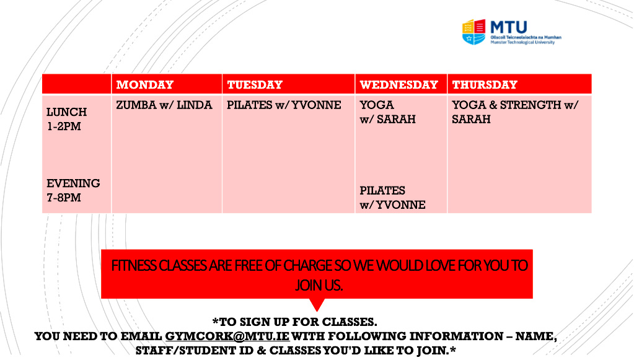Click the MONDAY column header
(x=145, y=85)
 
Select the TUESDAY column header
(x=255, y=85)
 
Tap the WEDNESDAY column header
(x=398, y=85)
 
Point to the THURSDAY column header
(x=485, y=85)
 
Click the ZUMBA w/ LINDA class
(x=164, y=105)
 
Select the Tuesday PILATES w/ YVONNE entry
(x=284, y=105)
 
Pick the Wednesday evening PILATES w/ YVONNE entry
(x=392, y=198)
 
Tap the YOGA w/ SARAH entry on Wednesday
(x=387, y=112)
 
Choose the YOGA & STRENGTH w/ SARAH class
(x=515, y=112)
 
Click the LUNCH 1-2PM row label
(x=66, y=119)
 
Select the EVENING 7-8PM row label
(x=73, y=190)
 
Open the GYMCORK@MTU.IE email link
(x=227, y=336)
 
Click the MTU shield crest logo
(x=473, y=32)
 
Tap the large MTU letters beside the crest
(x=509, y=27)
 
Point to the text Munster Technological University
(x=522, y=42)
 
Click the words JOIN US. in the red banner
(x=319, y=286)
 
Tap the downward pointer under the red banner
(x=317, y=304)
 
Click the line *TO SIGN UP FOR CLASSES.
(x=294, y=322)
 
